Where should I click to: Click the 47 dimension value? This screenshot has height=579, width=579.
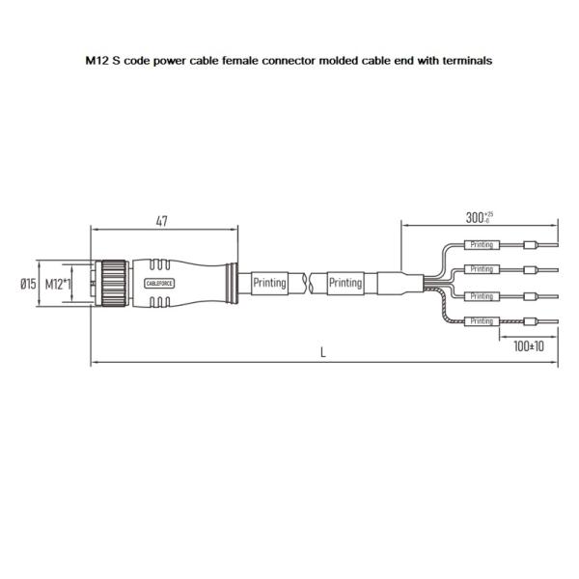pos(162,222)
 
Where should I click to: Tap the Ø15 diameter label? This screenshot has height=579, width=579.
pos(28,284)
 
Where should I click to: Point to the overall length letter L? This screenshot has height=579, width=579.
pos(323,353)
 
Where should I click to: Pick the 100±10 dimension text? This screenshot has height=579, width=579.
pos(528,345)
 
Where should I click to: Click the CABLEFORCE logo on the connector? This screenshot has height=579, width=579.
pos(159,284)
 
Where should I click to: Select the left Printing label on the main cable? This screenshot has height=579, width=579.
pos(269,284)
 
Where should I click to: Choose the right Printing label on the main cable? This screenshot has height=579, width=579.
pos(345,284)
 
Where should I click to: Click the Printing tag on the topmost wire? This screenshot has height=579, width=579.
pos(482,245)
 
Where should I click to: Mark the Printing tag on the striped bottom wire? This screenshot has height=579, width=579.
pos(482,320)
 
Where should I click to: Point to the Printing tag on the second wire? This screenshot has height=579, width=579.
pos(482,269)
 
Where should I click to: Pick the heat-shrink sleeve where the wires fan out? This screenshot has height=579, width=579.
pos(398,284)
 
